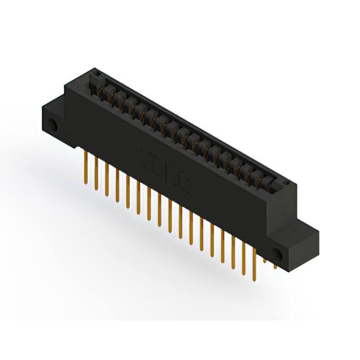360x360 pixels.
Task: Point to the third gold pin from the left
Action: [x=106, y=180]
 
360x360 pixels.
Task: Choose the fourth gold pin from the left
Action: [x=116, y=186]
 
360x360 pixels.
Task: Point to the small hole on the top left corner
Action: [x=96, y=73]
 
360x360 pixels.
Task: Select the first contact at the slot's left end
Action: [x=104, y=90]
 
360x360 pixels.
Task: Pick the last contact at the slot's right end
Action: [x=268, y=183]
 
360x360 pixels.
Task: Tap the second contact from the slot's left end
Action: [x=115, y=96]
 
